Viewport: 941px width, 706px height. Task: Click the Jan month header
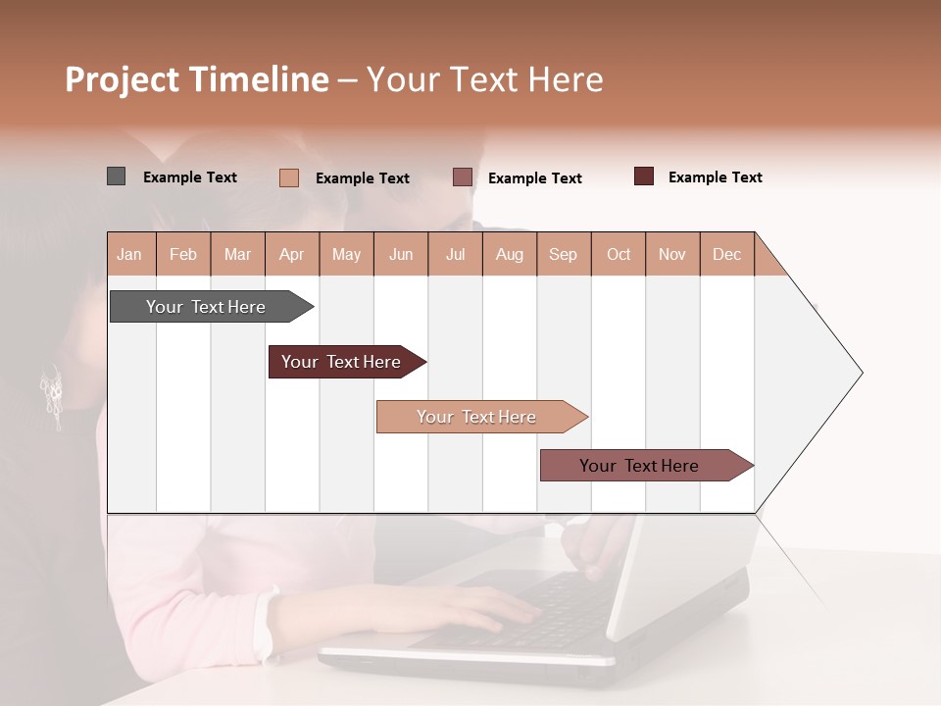coord(129,254)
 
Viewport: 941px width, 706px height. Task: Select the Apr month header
coord(291,254)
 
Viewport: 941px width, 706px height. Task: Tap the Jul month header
coord(455,254)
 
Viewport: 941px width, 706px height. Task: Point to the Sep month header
coord(563,254)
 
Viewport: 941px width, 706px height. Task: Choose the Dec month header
coord(726,254)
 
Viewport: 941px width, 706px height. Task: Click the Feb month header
coord(183,254)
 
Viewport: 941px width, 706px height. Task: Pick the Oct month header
coord(619,254)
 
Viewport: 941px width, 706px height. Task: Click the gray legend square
coord(116,176)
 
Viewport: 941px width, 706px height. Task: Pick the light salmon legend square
coord(289,177)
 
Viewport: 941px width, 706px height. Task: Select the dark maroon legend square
coord(644,176)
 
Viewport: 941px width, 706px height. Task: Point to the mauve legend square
coord(463,177)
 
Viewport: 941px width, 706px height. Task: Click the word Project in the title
coord(124,79)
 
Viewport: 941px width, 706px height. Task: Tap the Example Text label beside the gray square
coord(190,177)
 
